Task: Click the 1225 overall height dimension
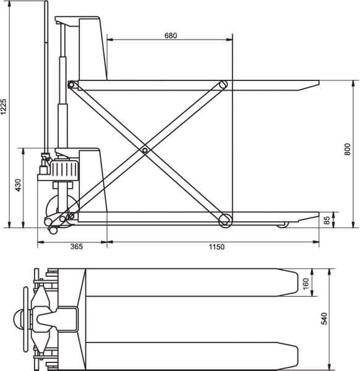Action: click(3, 106)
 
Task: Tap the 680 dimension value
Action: click(171, 35)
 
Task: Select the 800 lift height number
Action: click(347, 149)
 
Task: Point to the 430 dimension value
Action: click(18, 185)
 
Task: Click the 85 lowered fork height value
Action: click(327, 220)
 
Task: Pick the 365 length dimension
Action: click(77, 247)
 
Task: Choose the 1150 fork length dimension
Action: click(216, 247)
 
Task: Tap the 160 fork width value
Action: click(306, 283)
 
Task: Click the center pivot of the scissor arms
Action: click(145, 150)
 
